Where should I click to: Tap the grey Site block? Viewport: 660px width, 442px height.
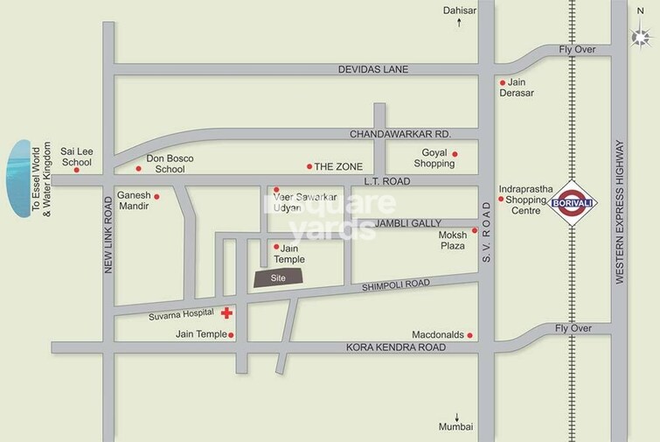click(278, 277)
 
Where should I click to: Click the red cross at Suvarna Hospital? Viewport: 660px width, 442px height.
click(226, 312)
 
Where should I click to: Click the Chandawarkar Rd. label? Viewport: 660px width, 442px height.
click(399, 134)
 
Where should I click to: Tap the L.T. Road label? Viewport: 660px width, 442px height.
click(386, 180)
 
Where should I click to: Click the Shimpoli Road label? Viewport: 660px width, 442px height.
click(398, 284)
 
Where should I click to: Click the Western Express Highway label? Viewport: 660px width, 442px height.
click(619, 211)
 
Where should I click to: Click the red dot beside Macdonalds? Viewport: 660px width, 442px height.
click(470, 335)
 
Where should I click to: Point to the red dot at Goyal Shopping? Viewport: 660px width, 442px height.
click(455, 154)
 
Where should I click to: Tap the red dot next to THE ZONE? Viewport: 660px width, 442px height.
click(309, 166)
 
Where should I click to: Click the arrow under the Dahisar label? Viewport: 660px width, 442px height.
click(458, 24)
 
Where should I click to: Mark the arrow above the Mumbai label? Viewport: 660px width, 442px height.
click(456, 415)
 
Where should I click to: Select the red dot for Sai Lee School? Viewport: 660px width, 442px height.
click(76, 170)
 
